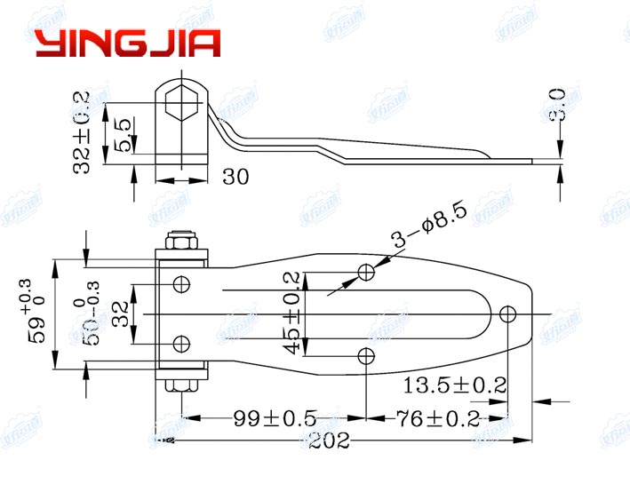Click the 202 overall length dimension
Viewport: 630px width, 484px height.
point(331,440)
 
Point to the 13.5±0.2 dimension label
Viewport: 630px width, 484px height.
point(454,385)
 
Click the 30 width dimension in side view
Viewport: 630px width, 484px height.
point(235,178)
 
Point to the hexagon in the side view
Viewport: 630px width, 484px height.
point(182,103)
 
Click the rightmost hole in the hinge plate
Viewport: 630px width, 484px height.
point(508,313)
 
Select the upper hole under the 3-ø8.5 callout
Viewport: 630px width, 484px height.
point(366,271)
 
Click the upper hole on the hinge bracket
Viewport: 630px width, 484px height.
point(181,284)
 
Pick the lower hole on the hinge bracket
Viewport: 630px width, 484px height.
point(181,343)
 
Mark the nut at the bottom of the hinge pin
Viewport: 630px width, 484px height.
point(181,385)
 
